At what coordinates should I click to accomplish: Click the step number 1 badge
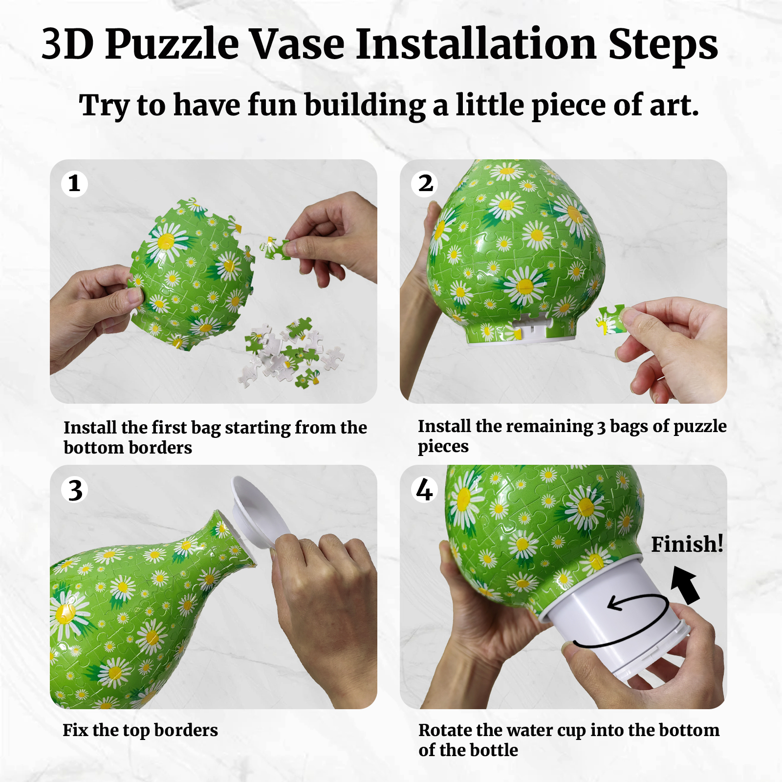[74, 184]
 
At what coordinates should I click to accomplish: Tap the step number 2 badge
[425, 184]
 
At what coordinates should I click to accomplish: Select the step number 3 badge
[75, 490]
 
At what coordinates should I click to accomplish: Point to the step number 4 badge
[424, 490]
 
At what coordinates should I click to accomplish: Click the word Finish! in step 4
[687, 544]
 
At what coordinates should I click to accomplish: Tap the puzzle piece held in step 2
[610, 319]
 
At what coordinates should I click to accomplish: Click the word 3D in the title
[67, 44]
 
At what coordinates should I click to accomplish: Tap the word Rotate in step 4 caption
[445, 730]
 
